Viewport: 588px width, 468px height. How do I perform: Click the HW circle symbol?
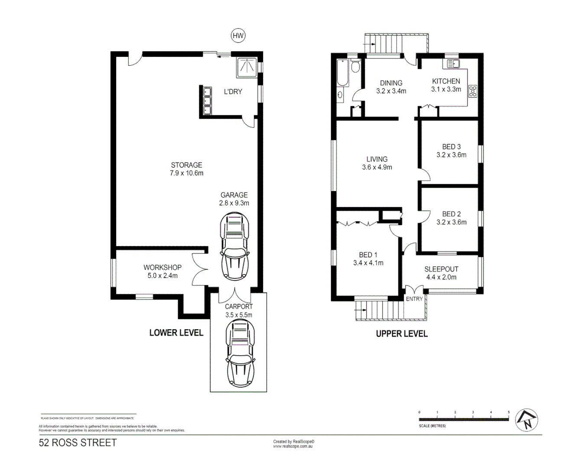coord(238,36)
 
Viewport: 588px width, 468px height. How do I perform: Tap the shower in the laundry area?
coord(247,67)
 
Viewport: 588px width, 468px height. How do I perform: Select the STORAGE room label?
coord(186,165)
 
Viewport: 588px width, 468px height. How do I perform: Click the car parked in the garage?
coord(234,246)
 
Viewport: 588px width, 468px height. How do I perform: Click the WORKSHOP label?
coord(162,267)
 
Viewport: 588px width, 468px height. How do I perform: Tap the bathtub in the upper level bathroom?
coord(342,73)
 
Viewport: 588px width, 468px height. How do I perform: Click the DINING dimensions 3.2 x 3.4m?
coord(391,91)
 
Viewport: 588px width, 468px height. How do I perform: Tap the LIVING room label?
coord(377,159)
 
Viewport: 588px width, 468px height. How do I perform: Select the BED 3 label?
coord(451,146)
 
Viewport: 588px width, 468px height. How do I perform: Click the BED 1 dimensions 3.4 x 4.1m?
coord(368,263)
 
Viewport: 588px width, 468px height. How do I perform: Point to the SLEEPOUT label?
coord(441,269)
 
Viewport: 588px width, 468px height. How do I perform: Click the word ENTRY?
coord(414,299)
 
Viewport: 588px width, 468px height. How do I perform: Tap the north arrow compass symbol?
coord(526,420)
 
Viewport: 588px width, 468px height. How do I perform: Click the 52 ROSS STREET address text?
coord(78,442)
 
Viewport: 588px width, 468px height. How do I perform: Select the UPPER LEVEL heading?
coord(402,334)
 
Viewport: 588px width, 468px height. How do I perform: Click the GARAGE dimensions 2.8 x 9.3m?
coord(234,203)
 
